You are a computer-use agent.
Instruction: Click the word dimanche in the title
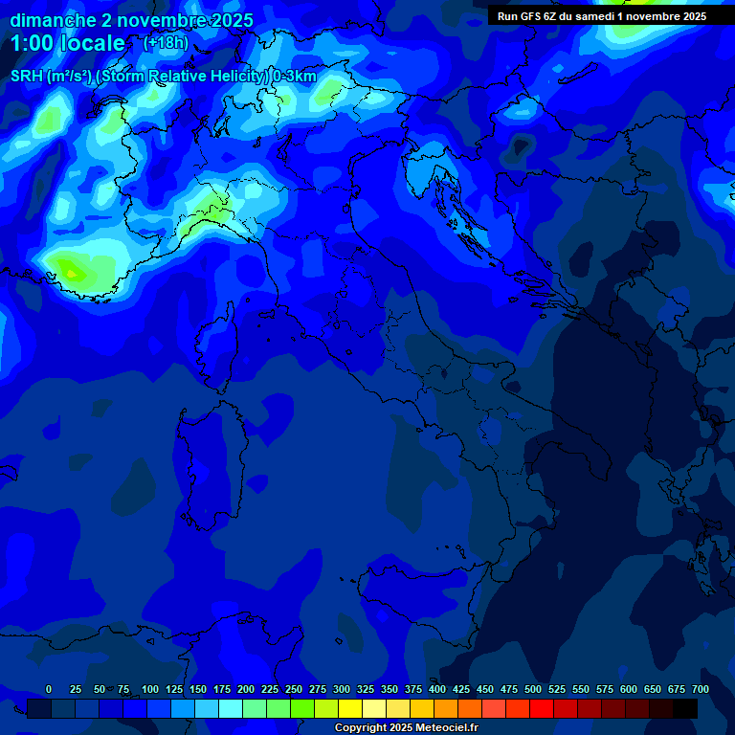[x=52, y=20]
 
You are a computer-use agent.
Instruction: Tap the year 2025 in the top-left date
[x=226, y=20]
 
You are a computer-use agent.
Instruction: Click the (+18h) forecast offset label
[x=166, y=43]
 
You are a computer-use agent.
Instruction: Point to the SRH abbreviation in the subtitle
[x=26, y=77]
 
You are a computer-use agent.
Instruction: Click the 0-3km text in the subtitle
[x=294, y=77]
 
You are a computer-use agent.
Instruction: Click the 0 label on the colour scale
[x=49, y=689]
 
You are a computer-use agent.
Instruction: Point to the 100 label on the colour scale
[x=150, y=689]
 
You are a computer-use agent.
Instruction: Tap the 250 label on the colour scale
[x=294, y=689]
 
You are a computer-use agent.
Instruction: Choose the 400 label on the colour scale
[x=437, y=689]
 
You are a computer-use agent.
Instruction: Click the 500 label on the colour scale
[x=533, y=689]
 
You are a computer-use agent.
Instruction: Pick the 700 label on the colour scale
[x=700, y=689]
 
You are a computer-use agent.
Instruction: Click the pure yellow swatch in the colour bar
[x=350, y=708]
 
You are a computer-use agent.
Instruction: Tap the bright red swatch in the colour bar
[x=542, y=708]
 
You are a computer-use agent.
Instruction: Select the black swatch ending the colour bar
[x=685, y=708]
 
